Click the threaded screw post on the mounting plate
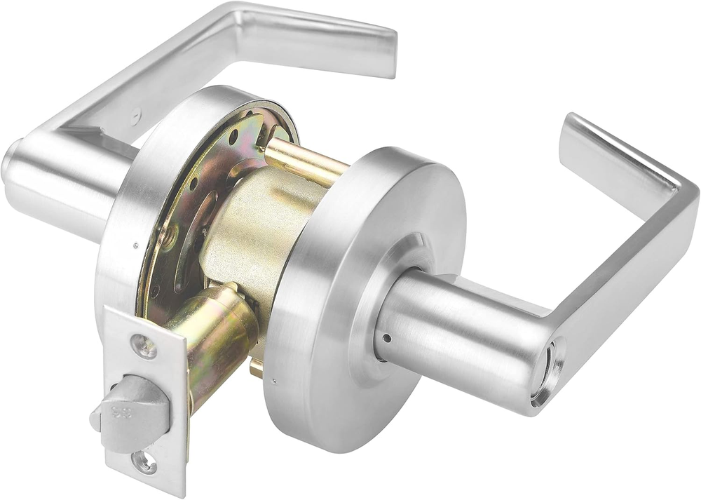click(x=165, y=239)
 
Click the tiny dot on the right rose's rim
click(x=274, y=382)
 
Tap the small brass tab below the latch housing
click(x=257, y=368)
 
